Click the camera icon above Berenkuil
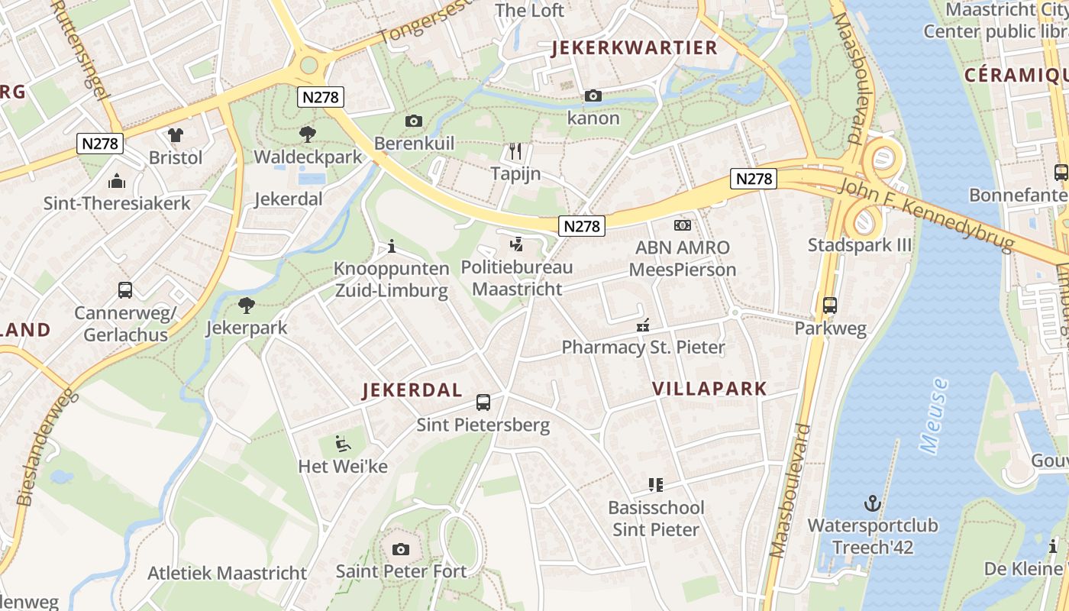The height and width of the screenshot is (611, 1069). point(414,121)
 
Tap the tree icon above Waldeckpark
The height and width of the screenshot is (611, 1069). point(308,134)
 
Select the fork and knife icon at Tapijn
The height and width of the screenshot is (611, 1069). point(515,151)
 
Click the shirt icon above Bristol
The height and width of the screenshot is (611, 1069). point(176,135)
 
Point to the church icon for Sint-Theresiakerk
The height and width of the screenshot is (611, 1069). point(117,181)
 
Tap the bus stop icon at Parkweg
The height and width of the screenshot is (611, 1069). point(830,305)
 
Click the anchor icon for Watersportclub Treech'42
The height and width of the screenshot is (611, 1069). point(872,503)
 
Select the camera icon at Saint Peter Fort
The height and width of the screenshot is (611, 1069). point(401,549)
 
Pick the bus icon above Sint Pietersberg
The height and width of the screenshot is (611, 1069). point(483,402)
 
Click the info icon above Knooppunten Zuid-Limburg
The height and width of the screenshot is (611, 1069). point(392,247)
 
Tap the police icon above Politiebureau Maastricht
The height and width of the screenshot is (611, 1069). point(517,244)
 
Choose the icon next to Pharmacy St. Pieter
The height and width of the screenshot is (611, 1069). point(643,325)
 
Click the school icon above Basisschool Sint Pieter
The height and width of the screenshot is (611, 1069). point(656,484)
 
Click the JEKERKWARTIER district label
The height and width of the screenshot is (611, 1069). point(635,48)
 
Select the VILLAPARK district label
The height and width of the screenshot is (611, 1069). point(709,388)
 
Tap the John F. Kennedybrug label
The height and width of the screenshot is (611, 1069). point(926,213)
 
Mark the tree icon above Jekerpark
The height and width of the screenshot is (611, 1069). point(246,305)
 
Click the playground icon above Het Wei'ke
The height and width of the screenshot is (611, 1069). point(343,443)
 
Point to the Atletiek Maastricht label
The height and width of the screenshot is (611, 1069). point(227,573)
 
